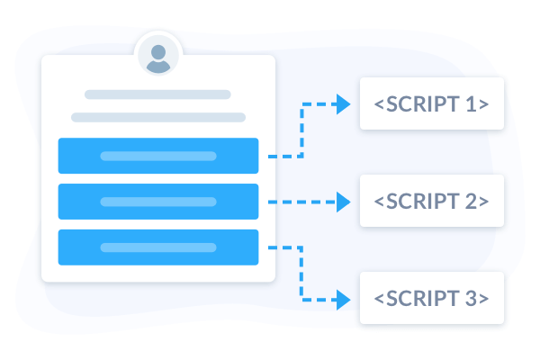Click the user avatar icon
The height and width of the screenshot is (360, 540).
(x=158, y=55)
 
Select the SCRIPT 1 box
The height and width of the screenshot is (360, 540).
(x=432, y=103)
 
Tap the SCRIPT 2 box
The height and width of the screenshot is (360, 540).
(x=432, y=201)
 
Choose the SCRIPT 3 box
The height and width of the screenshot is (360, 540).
(x=432, y=298)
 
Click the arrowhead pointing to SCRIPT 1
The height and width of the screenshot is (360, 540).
(x=343, y=104)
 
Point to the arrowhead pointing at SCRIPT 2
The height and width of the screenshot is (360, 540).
(x=343, y=202)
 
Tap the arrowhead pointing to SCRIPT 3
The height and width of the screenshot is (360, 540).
(x=343, y=300)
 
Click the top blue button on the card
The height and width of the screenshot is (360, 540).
(x=158, y=156)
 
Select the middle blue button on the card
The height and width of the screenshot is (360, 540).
(x=158, y=202)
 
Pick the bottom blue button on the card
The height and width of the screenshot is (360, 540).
(x=158, y=247)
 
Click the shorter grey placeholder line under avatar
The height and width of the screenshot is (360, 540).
(x=157, y=94)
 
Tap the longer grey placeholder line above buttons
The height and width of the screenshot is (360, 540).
(x=158, y=118)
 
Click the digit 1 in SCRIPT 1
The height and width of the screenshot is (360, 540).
(x=471, y=104)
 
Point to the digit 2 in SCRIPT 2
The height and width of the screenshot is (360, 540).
(x=471, y=202)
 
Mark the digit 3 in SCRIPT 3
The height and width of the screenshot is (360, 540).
(x=471, y=298)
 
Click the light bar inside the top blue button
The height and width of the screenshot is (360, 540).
(x=158, y=156)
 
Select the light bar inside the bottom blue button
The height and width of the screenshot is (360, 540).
(x=158, y=247)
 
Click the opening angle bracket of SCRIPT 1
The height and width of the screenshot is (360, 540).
(x=379, y=104)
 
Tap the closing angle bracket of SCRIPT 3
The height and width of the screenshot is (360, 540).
(x=484, y=299)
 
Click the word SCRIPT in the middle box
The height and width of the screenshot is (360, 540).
(x=423, y=202)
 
